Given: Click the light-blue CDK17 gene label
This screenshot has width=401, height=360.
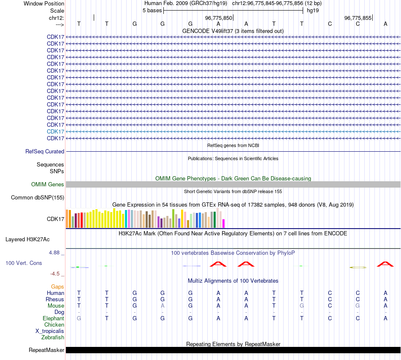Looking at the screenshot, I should click(x=55, y=131).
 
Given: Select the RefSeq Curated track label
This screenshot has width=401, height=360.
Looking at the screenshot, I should click(x=45, y=151).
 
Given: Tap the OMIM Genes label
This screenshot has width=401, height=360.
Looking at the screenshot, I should click(x=48, y=184).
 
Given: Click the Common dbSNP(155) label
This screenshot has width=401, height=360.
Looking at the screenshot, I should click(x=38, y=197).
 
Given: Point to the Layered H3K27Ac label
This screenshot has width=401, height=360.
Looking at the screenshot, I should click(x=27, y=239).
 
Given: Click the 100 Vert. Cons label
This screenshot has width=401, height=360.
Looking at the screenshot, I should click(x=24, y=263).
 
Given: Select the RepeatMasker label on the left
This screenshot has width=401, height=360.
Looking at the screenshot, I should click(x=46, y=350).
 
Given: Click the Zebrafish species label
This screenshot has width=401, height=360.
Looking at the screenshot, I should click(x=53, y=337).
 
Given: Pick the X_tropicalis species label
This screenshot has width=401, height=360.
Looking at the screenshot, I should click(x=50, y=331).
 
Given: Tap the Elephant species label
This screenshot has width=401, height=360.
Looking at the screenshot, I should click(x=53, y=318).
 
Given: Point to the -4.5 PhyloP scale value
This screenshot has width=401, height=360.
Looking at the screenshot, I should click(x=55, y=273).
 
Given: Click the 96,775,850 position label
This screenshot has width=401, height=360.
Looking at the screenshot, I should click(x=219, y=18).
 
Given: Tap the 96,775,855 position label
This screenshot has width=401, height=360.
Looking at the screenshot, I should click(x=358, y=18).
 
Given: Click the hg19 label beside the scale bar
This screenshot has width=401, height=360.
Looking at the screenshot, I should click(x=313, y=10).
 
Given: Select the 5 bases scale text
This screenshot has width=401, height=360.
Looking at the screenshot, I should click(x=152, y=10).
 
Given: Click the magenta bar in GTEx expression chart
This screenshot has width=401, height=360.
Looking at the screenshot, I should click(x=224, y=224).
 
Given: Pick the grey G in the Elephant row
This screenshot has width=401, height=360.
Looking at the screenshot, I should click(x=79, y=318).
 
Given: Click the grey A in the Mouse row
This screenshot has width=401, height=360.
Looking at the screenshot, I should click(x=163, y=305).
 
